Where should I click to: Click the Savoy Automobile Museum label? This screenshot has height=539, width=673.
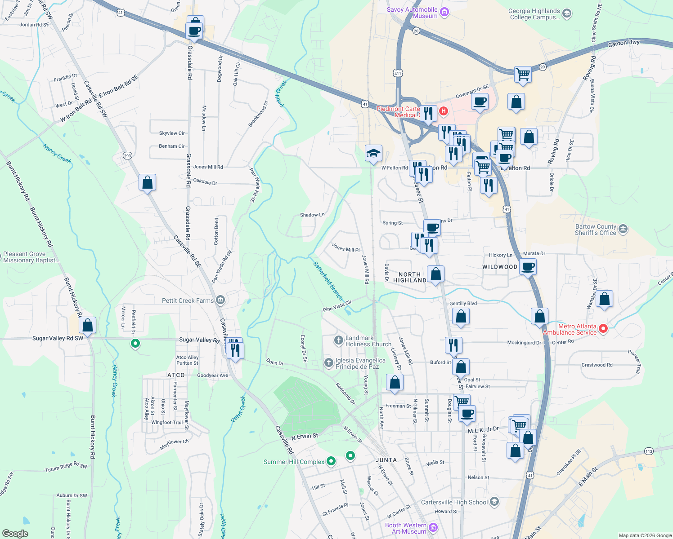pyautogui.click(x=412, y=13)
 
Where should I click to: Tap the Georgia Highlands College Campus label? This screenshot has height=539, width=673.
pyautogui.click(x=534, y=14)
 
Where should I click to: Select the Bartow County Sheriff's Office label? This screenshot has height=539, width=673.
pyautogui.click(x=596, y=230)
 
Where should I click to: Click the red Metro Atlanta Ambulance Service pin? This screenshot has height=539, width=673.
pyautogui.click(x=603, y=329)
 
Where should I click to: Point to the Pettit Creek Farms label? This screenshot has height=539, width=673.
pyautogui.click(x=188, y=300)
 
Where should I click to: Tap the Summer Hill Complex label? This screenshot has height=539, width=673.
pyautogui.click(x=294, y=462)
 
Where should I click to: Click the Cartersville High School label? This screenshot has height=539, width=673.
pyautogui.click(x=454, y=502)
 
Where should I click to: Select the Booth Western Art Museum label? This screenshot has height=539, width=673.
pyautogui.click(x=406, y=528)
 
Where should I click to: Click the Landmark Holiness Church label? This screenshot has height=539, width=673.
pyautogui.click(x=368, y=341)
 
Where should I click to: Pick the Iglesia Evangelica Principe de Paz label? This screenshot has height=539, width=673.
pyautogui.click(x=360, y=363)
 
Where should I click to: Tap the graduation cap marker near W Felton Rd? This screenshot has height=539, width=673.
pyautogui.click(x=373, y=154)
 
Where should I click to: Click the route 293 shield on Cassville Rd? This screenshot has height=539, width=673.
pyautogui.click(x=127, y=156)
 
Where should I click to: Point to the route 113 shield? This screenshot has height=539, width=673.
pyautogui.click(x=648, y=451)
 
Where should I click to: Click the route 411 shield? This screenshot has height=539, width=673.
pyautogui.click(x=398, y=73)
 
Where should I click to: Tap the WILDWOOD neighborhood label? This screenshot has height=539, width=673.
pyautogui.click(x=500, y=267)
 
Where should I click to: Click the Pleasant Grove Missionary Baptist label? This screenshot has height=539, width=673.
pyautogui.click(x=31, y=257)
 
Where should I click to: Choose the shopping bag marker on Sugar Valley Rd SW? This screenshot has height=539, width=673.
pyautogui.click(x=88, y=325)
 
